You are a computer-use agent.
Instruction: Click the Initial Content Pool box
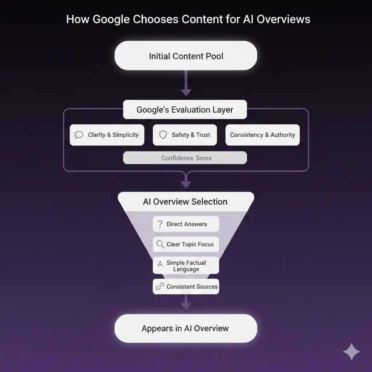tap(186, 56)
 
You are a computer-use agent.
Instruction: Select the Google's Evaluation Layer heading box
tap(185, 110)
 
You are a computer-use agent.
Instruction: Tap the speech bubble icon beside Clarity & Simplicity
tap(79, 135)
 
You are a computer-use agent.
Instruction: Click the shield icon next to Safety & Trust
tap(163, 135)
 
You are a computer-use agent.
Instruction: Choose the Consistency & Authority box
tap(262, 135)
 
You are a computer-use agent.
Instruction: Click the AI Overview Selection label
tap(185, 202)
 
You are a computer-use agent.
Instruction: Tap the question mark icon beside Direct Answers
tap(159, 224)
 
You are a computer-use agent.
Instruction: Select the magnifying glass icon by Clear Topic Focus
tap(160, 244)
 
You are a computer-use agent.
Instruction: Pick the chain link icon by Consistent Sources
tap(160, 287)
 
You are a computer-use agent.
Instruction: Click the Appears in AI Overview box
tap(186, 328)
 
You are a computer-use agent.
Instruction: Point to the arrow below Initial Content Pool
tap(186, 85)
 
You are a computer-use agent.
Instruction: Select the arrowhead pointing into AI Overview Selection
tap(186, 184)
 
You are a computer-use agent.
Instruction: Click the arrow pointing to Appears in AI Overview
tap(186, 303)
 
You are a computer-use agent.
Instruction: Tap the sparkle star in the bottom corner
tap(352, 352)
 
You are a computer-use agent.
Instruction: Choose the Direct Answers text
tap(187, 224)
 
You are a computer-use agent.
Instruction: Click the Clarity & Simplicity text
tap(113, 135)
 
